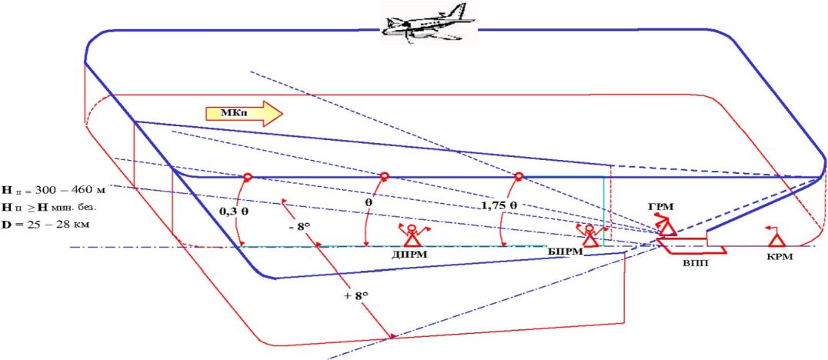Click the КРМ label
coord(778,257)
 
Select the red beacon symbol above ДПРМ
coord(412,235)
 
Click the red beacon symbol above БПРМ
coord(590,234)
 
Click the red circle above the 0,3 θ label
coord(248,177)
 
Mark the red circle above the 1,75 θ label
coord(519,177)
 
